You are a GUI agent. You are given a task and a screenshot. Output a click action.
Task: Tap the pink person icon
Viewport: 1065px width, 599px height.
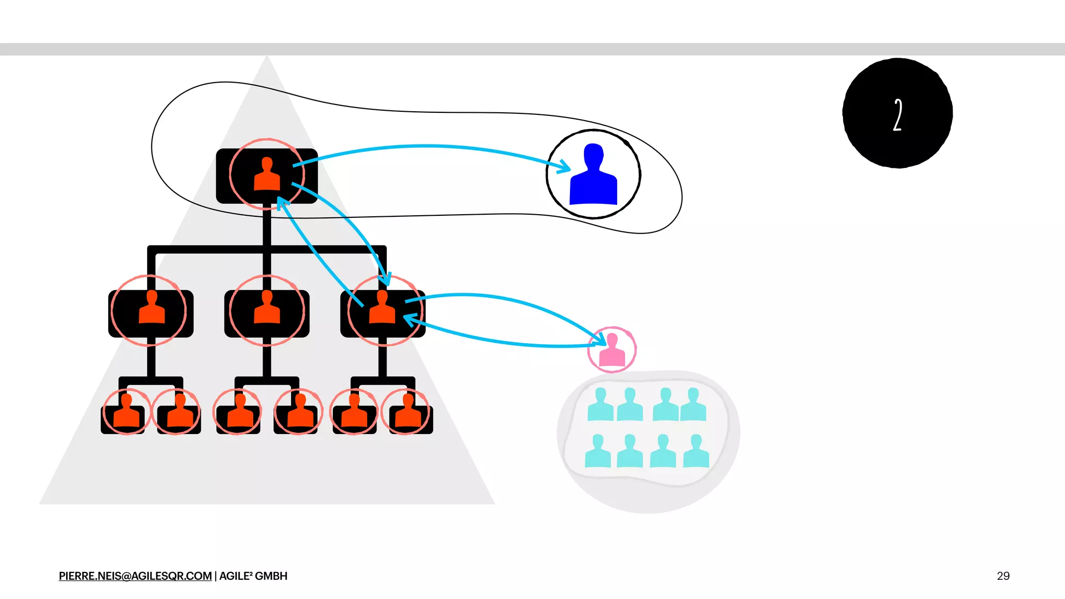point(612,350)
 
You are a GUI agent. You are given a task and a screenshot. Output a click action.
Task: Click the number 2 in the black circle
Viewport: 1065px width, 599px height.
point(898,114)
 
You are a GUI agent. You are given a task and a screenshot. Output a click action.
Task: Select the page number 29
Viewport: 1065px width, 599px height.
point(1003,576)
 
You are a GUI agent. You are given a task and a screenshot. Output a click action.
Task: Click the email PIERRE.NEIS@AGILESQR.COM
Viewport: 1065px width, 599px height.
point(135,576)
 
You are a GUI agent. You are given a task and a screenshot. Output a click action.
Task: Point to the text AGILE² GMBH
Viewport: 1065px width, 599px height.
point(253,576)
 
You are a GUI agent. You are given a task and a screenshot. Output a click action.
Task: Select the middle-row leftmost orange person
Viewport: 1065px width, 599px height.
point(152,308)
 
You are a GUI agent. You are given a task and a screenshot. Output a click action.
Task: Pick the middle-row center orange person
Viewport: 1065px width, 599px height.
point(267,308)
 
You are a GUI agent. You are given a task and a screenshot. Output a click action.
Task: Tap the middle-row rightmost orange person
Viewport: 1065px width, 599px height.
point(382,308)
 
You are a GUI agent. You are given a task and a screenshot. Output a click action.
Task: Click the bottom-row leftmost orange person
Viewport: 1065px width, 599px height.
point(126,411)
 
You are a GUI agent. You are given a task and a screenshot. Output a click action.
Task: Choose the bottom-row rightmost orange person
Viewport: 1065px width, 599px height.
point(408,411)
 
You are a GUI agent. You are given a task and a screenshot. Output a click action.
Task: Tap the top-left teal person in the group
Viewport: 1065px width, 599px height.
point(600,405)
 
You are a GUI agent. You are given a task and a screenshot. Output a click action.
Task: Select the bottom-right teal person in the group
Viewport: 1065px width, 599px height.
point(696,452)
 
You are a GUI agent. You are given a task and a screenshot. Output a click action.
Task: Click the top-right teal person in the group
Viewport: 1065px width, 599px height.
point(693,405)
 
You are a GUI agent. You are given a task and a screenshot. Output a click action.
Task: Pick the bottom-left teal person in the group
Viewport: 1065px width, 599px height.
point(598,452)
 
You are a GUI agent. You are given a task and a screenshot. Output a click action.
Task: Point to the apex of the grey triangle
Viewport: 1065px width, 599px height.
point(267,56)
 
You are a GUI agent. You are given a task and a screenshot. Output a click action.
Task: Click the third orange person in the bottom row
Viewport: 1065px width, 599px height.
point(239,411)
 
